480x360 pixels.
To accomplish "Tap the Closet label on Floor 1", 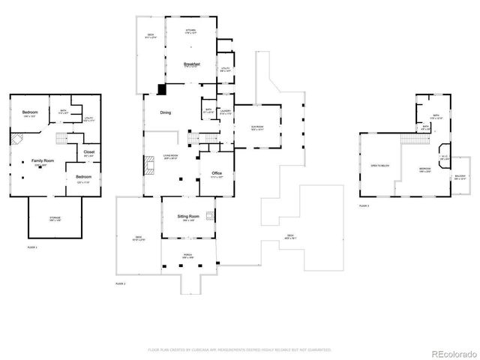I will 88,152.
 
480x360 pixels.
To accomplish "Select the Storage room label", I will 55,218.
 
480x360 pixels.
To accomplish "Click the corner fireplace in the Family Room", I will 17,139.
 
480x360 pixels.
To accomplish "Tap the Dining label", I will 165,112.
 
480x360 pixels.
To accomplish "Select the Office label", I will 217,173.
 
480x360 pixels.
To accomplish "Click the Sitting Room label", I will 187,215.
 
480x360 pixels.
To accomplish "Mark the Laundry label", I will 224,111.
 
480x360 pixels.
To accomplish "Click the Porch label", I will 187,255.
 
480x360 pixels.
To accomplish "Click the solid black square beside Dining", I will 161,88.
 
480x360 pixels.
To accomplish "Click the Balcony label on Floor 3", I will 460,177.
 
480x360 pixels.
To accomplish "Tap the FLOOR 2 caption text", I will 119,284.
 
